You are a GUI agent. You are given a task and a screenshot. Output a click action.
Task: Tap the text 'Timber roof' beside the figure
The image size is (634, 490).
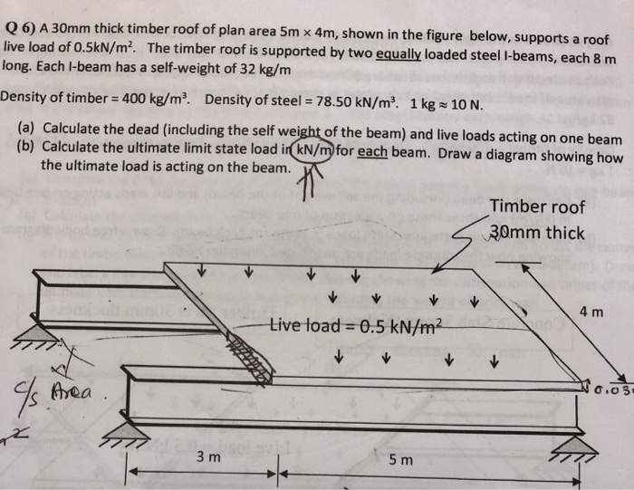tap(537, 207)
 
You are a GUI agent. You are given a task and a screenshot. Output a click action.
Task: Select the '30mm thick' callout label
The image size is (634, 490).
tap(539, 232)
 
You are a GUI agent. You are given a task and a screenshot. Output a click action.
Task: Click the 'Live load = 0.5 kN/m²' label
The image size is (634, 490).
tap(356, 326)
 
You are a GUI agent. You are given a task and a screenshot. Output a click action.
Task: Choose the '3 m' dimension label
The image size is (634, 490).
tap(208, 459)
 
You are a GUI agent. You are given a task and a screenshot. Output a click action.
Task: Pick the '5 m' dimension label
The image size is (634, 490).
tap(399, 460)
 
